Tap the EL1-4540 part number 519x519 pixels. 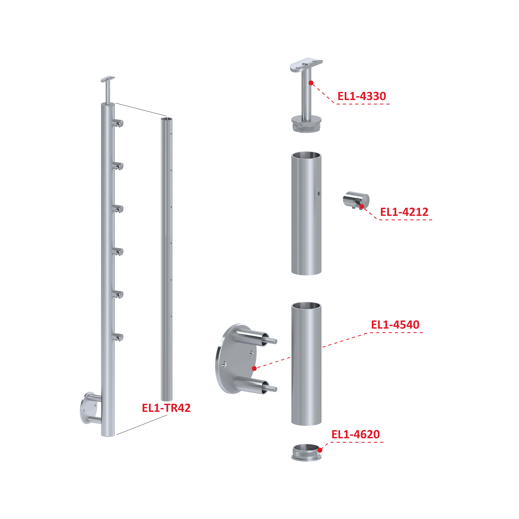click(395, 325)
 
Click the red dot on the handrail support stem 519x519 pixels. click(311, 83)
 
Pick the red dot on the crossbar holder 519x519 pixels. click(362, 206)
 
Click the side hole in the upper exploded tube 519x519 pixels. click(319, 193)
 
